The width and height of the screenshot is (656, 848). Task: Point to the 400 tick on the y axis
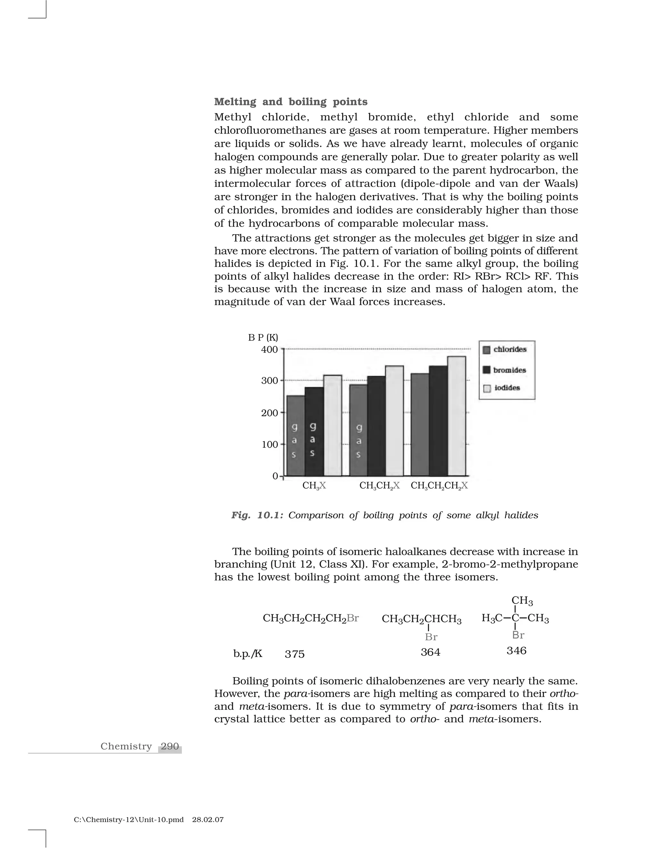click(x=269, y=349)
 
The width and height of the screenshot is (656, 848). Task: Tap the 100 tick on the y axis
click(x=269, y=444)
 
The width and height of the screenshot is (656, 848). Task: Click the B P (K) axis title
click(x=263, y=337)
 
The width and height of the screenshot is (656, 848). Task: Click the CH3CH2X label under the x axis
click(x=379, y=486)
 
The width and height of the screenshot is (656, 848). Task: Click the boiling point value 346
click(x=516, y=650)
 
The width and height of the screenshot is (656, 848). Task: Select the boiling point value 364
click(x=430, y=652)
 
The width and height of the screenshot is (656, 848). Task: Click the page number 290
click(x=170, y=746)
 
